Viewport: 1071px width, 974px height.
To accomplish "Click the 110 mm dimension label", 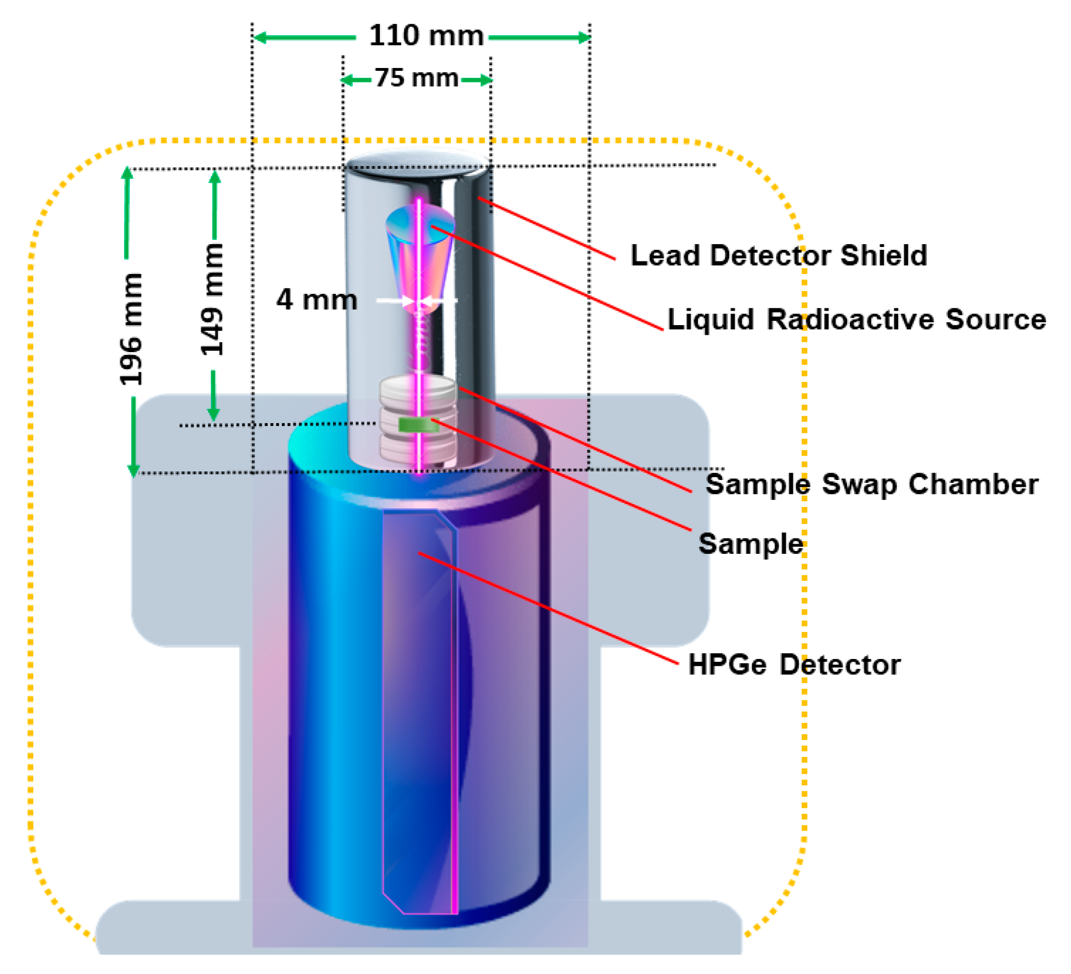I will pos(426,36).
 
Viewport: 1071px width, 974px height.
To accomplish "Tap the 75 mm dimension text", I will pos(417,78).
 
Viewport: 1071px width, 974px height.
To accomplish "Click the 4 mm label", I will pos(316,300).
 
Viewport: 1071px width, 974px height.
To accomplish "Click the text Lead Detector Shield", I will pos(779,256).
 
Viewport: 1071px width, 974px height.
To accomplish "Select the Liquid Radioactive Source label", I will pos(856,320).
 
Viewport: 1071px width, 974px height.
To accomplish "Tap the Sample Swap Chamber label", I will pos(871,484).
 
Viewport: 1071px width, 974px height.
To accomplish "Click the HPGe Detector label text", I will pos(793,665).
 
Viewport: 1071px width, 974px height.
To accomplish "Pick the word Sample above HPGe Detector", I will pos(750,544).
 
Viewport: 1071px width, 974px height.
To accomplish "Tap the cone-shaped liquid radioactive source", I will pos(420,249).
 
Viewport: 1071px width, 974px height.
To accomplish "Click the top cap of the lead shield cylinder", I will pos(417,162).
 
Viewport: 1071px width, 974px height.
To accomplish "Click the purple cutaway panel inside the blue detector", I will pos(420,712).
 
